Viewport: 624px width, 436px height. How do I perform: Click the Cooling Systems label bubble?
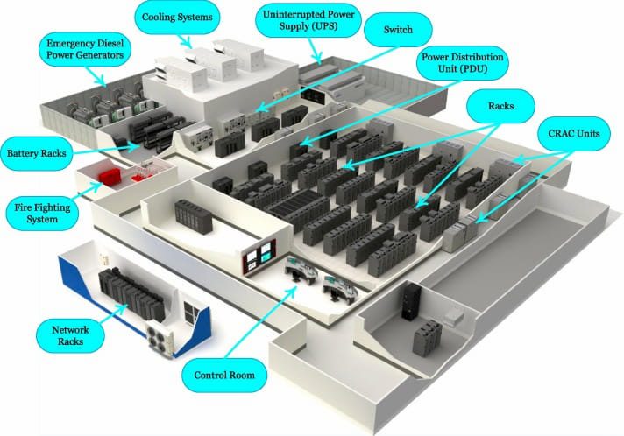(x=178, y=16)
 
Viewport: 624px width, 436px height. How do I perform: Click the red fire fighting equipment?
(x=111, y=176)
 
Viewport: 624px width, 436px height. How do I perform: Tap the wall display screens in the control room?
(x=262, y=257)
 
